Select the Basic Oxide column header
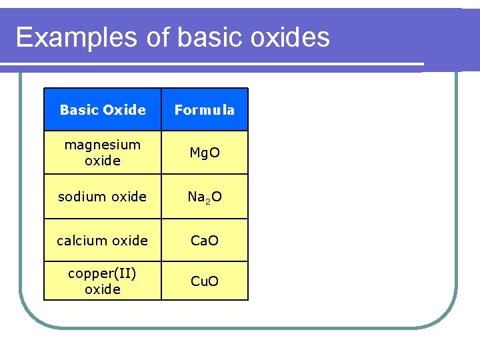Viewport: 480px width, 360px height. (103, 110)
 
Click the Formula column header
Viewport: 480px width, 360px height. (205, 110)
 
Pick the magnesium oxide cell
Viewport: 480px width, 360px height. (103, 153)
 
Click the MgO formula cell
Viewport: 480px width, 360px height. (205, 153)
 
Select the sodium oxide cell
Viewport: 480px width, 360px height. (103, 197)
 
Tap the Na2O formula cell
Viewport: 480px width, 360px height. (205, 197)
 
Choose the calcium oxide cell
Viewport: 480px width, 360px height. (103, 241)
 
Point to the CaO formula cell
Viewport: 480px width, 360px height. (205, 241)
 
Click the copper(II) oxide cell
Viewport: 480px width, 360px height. (103, 281)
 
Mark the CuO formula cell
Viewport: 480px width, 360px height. (205, 281)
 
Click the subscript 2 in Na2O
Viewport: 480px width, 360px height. (207, 200)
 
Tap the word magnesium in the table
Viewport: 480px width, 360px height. (103, 145)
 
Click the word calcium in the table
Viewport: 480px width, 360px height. (80, 241)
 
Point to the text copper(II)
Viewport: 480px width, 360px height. (103, 274)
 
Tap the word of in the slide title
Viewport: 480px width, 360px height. (158, 38)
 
